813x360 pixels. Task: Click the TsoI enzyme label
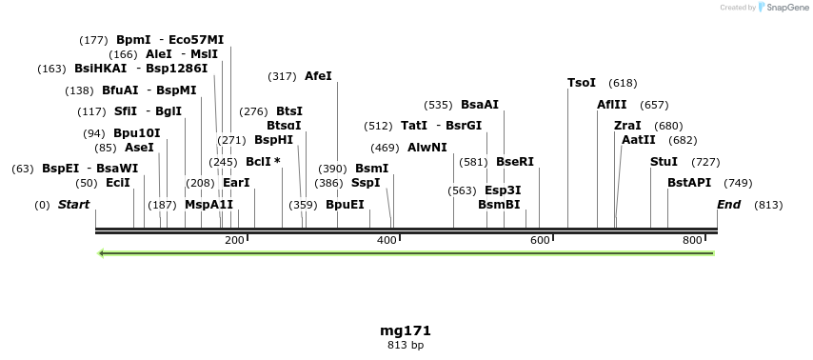582,83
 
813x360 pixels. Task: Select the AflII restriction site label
612,105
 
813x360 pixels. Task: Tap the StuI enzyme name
664,162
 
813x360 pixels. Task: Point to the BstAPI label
689,183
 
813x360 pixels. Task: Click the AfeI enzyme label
318,76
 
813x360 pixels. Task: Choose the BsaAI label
480,105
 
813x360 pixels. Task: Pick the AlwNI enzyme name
426,148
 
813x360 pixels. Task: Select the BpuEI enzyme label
345,205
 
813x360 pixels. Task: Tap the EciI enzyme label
118,183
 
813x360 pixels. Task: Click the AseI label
139,148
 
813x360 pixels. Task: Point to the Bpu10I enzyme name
137,133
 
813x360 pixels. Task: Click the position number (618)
623,83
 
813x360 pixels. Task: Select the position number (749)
738,183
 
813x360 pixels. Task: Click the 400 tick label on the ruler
387,241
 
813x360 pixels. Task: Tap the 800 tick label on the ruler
692,241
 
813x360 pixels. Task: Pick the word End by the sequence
729,205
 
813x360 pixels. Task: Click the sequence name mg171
406,330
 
